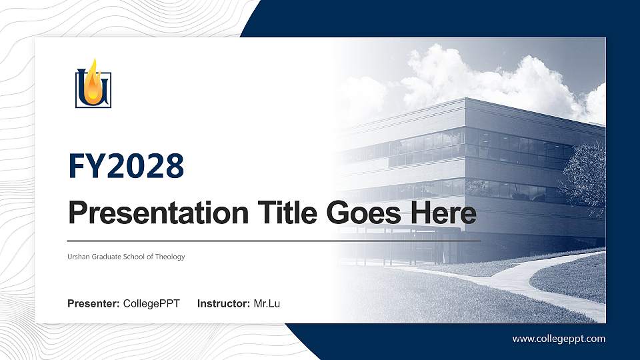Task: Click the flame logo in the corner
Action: pos(93,84)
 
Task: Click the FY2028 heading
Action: pos(126,166)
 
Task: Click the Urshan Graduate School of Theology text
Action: pos(126,257)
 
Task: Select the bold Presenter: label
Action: pos(93,304)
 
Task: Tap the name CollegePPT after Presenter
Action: pos(151,304)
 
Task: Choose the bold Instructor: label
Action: pos(224,304)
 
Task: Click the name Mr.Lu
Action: pos(267,304)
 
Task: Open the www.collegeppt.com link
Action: pos(559,339)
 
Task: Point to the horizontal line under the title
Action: pos(273,240)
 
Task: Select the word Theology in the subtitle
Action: pos(170,257)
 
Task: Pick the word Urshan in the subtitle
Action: pos(78,257)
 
